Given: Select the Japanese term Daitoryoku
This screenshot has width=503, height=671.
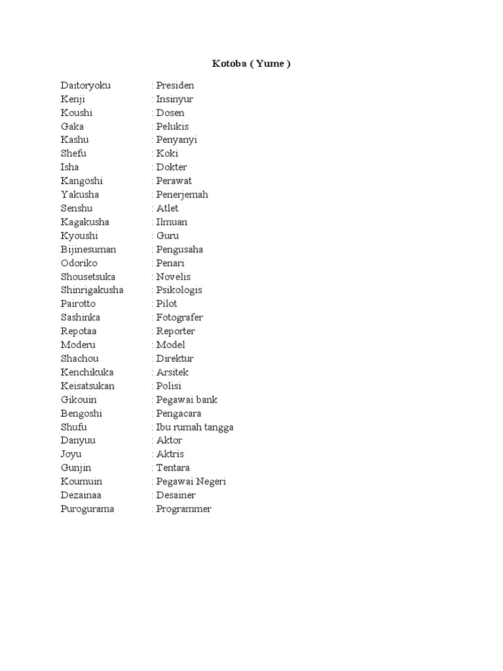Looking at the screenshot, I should point(86,85).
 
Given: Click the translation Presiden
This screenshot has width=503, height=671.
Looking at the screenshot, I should point(175,85).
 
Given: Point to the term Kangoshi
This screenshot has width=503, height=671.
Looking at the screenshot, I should point(82,181).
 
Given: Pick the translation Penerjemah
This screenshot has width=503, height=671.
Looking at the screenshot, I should point(182,195).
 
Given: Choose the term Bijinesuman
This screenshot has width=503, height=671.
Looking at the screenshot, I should point(88,249).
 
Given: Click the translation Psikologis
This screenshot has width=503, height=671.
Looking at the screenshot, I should point(179,290).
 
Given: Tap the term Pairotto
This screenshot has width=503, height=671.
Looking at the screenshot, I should point(78,303).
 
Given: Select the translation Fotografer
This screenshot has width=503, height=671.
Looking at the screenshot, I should point(179,317).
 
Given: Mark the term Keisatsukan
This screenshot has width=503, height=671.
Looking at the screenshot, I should point(88,385).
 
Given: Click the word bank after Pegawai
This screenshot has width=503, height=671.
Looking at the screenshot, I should point(206,399).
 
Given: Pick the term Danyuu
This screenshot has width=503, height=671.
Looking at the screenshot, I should point(75,440).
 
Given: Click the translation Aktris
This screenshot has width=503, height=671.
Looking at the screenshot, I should point(170,453).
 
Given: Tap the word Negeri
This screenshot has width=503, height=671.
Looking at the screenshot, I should point(210,481).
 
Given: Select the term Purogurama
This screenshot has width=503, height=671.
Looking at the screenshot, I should point(87,508).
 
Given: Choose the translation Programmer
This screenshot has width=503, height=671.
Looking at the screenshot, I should point(183,508).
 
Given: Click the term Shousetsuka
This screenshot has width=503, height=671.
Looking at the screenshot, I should point(88,277).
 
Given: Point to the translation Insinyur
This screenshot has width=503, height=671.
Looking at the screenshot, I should point(174,99).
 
